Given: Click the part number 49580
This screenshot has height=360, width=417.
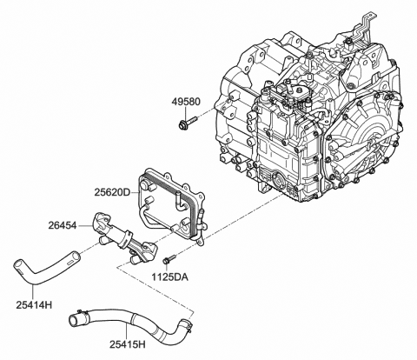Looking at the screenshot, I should tap(187, 100).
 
